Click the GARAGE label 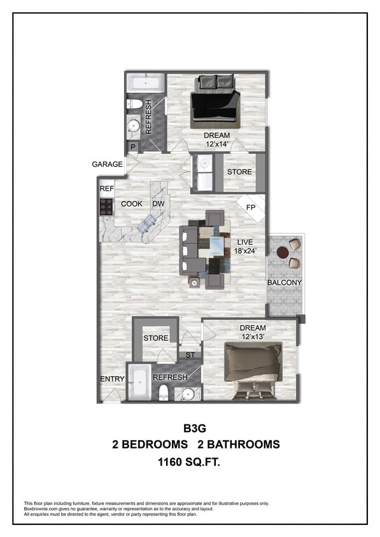[107, 165]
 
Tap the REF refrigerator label [106, 189]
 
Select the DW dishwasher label [158, 204]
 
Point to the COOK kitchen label [132, 204]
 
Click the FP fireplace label [251, 207]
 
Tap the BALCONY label [284, 282]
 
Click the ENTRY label [112, 379]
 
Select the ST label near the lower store [190, 355]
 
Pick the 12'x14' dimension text [216, 144]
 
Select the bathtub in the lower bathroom [138, 382]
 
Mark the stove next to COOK [106, 206]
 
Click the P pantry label [132, 147]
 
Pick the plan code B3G [190, 429]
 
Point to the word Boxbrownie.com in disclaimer [41, 508]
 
